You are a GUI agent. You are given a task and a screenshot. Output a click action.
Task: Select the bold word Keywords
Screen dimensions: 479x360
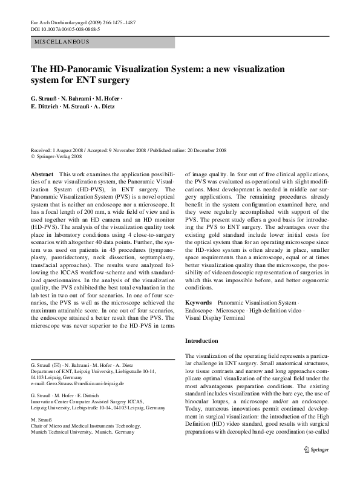pos(198,302)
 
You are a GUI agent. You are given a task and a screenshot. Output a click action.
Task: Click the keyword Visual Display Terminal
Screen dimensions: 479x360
pos(215,317)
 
